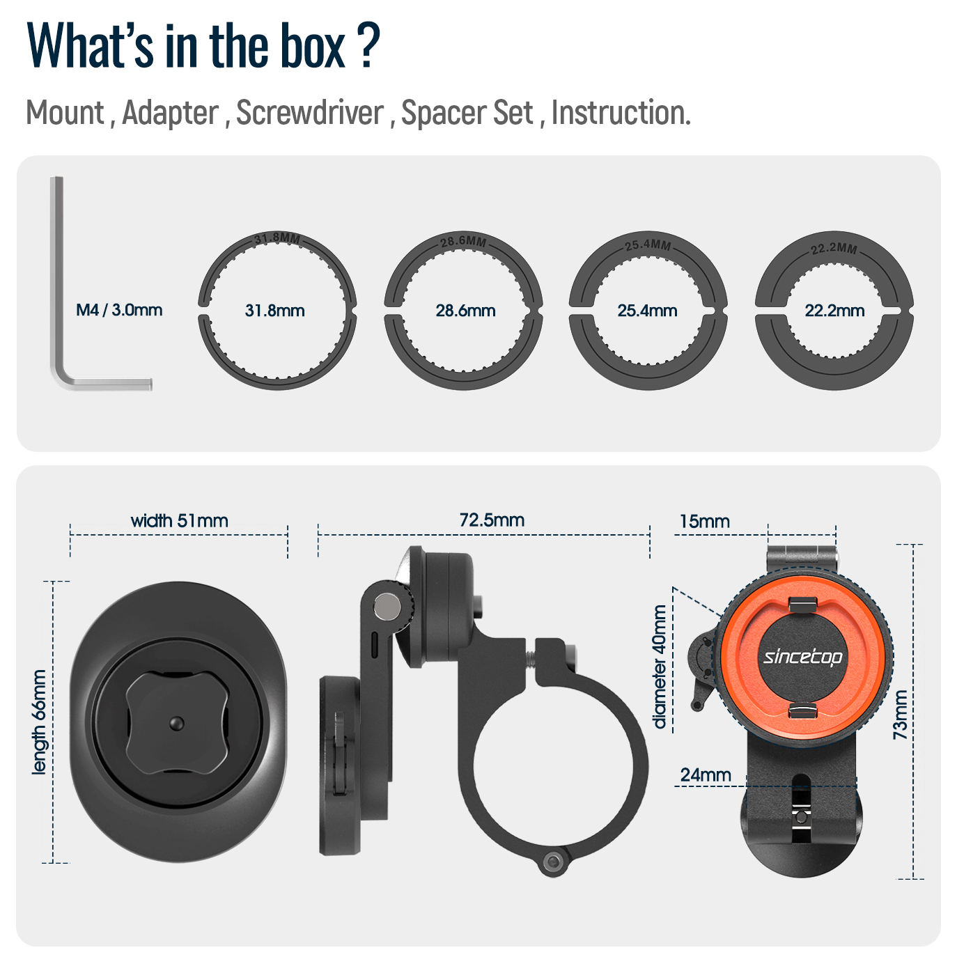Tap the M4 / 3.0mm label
pyautogui.click(x=119, y=310)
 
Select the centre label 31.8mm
pyautogui.click(x=275, y=311)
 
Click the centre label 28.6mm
pyautogui.click(x=465, y=311)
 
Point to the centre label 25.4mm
pyautogui.click(x=647, y=311)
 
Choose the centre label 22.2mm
pyautogui.click(x=834, y=311)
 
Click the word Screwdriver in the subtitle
pyautogui.click(x=310, y=113)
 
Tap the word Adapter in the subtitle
pyautogui.click(x=171, y=113)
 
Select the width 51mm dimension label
pyautogui.click(x=179, y=520)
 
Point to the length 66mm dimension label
pyautogui.click(x=40, y=722)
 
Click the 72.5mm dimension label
pyautogui.click(x=492, y=520)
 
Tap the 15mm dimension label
pyautogui.click(x=704, y=521)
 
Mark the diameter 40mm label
pyautogui.click(x=659, y=667)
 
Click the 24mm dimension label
pyautogui.click(x=706, y=775)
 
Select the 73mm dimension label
pyautogui.click(x=901, y=715)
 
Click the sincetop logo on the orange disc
pyautogui.click(x=802, y=656)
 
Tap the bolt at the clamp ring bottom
pyautogui.click(x=554, y=862)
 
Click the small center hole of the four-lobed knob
pyautogui.click(x=177, y=724)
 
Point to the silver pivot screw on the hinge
pyautogui.click(x=386, y=605)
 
